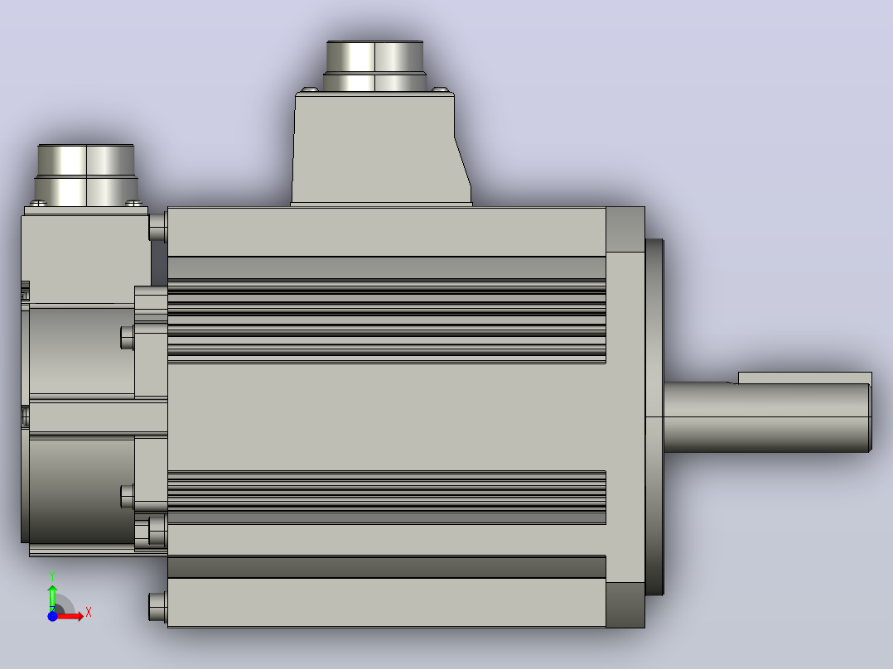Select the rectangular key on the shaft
[804, 378]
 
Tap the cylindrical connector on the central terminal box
[374, 66]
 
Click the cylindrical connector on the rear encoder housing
[86, 176]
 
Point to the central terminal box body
[380, 148]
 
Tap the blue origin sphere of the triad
[52, 615]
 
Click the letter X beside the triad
[89, 612]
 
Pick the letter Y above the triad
[52, 575]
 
